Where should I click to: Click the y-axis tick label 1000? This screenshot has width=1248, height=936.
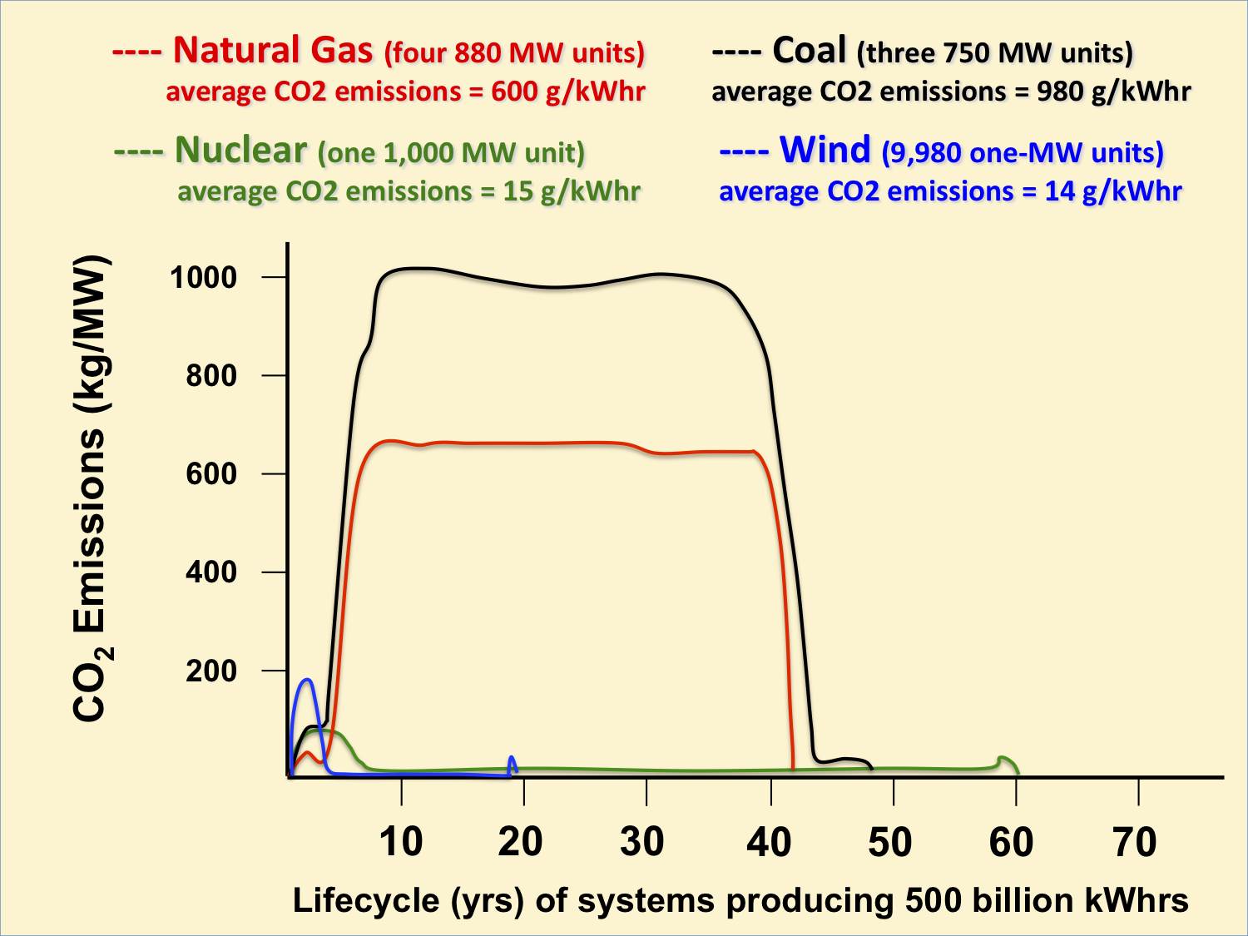pyautogui.click(x=203, y=277)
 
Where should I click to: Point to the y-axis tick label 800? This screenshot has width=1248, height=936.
pyautogui.click(x=211, y=375)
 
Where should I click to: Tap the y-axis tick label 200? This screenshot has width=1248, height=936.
pyautogui.click(x=211, y=671)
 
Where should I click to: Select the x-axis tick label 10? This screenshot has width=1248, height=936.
pyautogui.click(x=401, y=841)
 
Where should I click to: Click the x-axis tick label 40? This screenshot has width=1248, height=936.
pyautogui.click(x=769, y=841)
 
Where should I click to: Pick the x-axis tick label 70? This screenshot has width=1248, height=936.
pyautogui.click(x=1135, y=841)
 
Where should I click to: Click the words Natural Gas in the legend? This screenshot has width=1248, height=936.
pyautogui.click(x=273, y=51)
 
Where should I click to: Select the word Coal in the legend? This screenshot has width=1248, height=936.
pyautogui.click(x=809, y=51)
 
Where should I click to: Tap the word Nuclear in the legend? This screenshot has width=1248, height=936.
pyautogui.click(x=240, y=151)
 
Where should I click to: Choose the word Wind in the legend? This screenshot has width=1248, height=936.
pyautogui.click(x=825, y=151)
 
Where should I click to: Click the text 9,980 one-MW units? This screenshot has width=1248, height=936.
pyautogui.click(x=1023, y=153)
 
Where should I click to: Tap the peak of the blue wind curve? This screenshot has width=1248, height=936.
pyautogui.click(x=309, y=680)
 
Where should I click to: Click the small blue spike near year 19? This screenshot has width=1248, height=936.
pyautogui.click(x=512, y=759)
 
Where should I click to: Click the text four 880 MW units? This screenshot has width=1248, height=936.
pyautogui.click(x=514, y=53)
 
